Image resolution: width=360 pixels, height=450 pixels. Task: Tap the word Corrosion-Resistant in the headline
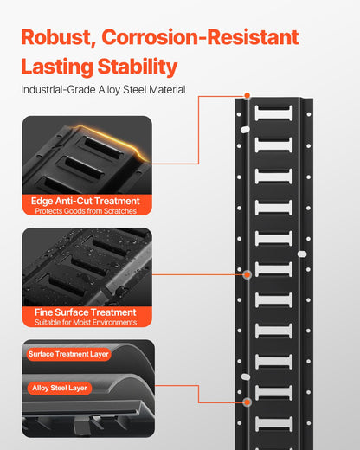coord(200,37)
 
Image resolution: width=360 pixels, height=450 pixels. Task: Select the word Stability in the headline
coord(138,67)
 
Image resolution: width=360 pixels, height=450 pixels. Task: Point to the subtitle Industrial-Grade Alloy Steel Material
coord(103,90)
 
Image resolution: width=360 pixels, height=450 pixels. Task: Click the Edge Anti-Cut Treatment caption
coord(86,201)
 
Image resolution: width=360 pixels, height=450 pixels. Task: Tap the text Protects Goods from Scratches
coord(86,211)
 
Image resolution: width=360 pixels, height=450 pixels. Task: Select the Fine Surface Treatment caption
coord(86,312)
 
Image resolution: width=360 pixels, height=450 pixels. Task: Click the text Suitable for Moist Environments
coord(86,322)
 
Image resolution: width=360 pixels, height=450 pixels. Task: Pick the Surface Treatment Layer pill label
coord(68,354)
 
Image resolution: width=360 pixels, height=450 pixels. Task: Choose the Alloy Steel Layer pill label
coord(60,388)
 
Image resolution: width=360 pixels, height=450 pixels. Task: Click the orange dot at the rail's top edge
coord(247,95)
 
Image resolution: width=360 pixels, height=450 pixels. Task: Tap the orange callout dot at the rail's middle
coord(247,275)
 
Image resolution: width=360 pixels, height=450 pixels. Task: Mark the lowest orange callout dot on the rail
coord(247,402)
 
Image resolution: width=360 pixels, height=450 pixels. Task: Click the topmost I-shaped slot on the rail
coord(273,112)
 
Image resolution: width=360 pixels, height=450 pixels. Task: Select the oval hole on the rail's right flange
coord(302,254)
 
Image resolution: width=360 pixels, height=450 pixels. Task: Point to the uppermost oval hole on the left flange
coord(245,130)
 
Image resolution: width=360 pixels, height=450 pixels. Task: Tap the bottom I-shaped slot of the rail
coord(273,424)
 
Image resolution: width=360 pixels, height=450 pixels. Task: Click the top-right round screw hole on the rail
coord(309,114)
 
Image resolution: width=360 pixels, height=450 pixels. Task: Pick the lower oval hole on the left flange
coord(246,376)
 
